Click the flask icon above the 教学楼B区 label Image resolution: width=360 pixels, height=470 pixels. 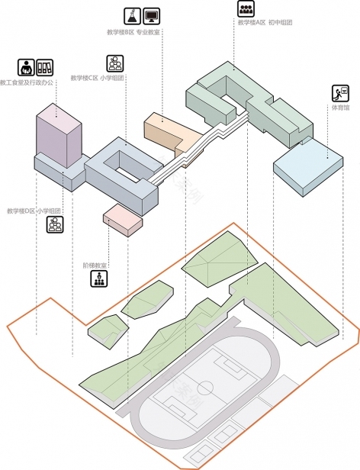pyautogui.click(x=131, y=15)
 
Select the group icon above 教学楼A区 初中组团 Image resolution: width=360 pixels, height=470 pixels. pyautogui.click(x=246, y=8)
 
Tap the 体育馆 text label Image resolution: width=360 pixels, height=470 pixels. pyautogui.click(x=340, y=108)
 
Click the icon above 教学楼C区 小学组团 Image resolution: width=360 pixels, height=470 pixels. pyautogui.click(x=114, y=63)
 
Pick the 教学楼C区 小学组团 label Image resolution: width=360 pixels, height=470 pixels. pyautogui.click(x=98, y=78)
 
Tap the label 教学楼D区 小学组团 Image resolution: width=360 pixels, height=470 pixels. pyautogui.click(x=34, y=211)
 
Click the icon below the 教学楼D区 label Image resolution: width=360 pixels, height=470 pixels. pyautogui.click(x=54, y=224)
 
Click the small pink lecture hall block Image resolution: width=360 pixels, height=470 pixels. pyautogui.click(x=123, y=217)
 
